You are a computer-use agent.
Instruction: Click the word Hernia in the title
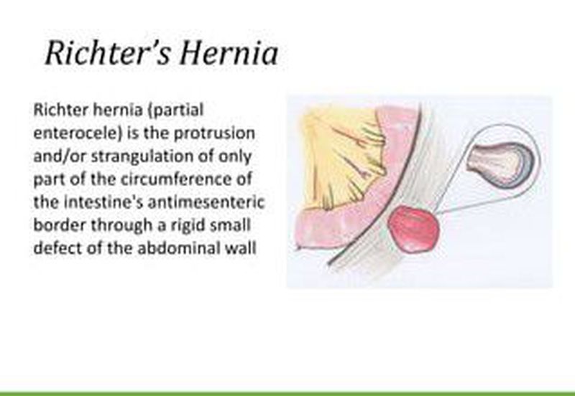[229, 53]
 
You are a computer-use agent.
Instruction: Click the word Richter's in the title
[108, 53]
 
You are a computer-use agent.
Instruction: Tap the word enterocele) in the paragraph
[78, 133]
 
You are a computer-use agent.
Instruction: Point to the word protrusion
[214, 134]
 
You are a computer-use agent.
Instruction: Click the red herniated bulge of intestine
[413, 229]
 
